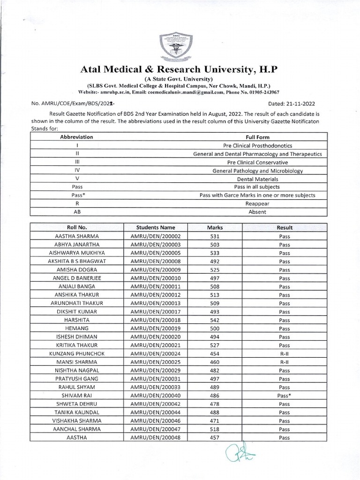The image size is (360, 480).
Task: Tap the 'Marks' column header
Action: (x=215, y=227)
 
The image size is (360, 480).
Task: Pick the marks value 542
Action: (x=215, y=320)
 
